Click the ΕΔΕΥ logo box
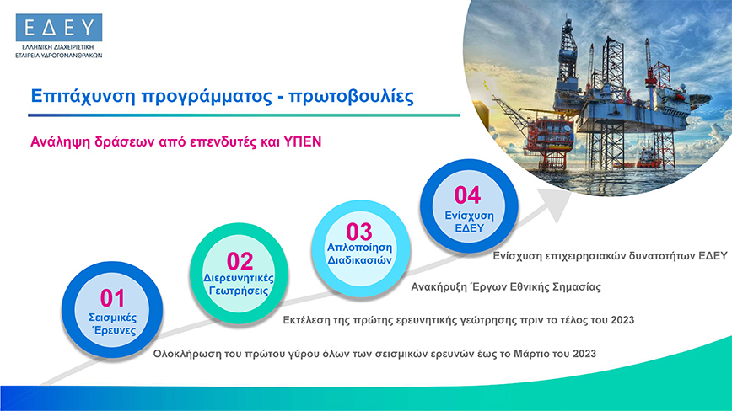click(x=59, y=28)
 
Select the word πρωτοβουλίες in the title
click(x=351, y=97)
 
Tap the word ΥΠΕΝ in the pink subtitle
click(x=303, y=141)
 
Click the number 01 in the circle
click(x=112, y=298)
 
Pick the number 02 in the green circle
click(x=240, y=261)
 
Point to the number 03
click(x=359, y=232)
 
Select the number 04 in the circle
click(x=467, y=195)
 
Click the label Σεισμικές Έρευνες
click(x=113, y=324)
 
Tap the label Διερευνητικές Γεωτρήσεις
click(x=239, y=285)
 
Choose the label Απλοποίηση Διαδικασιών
click(x=359, y=254)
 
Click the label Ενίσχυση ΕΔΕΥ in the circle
click(x=469, y=222)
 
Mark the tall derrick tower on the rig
click(x=568, y=51)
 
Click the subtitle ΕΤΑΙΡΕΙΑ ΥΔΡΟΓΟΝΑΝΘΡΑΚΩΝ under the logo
click(x=59, y=56)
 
